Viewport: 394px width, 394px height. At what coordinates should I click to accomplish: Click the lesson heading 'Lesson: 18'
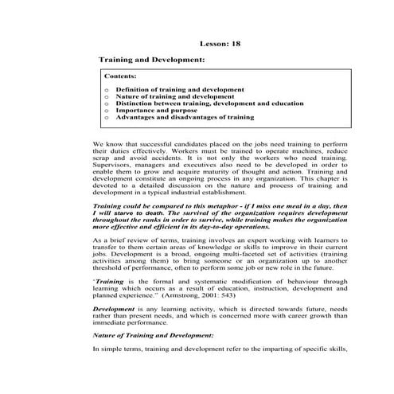pyautogui.click(x=217, y=44)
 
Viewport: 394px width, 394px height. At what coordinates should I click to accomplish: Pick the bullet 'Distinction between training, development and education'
pyautogui.click(x=209, y=103)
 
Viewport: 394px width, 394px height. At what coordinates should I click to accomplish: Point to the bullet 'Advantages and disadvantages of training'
pyautogui.click(x=185, y=117)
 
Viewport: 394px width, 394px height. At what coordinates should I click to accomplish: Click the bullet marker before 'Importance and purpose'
pyautogui.click(x=107, y=111)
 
